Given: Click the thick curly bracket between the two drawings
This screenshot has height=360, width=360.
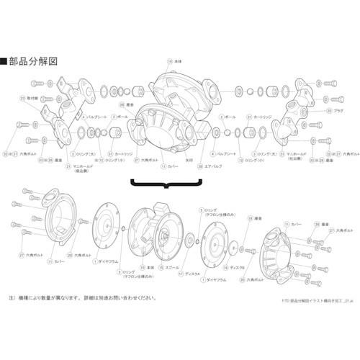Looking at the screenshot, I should [x=167, y=185].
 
